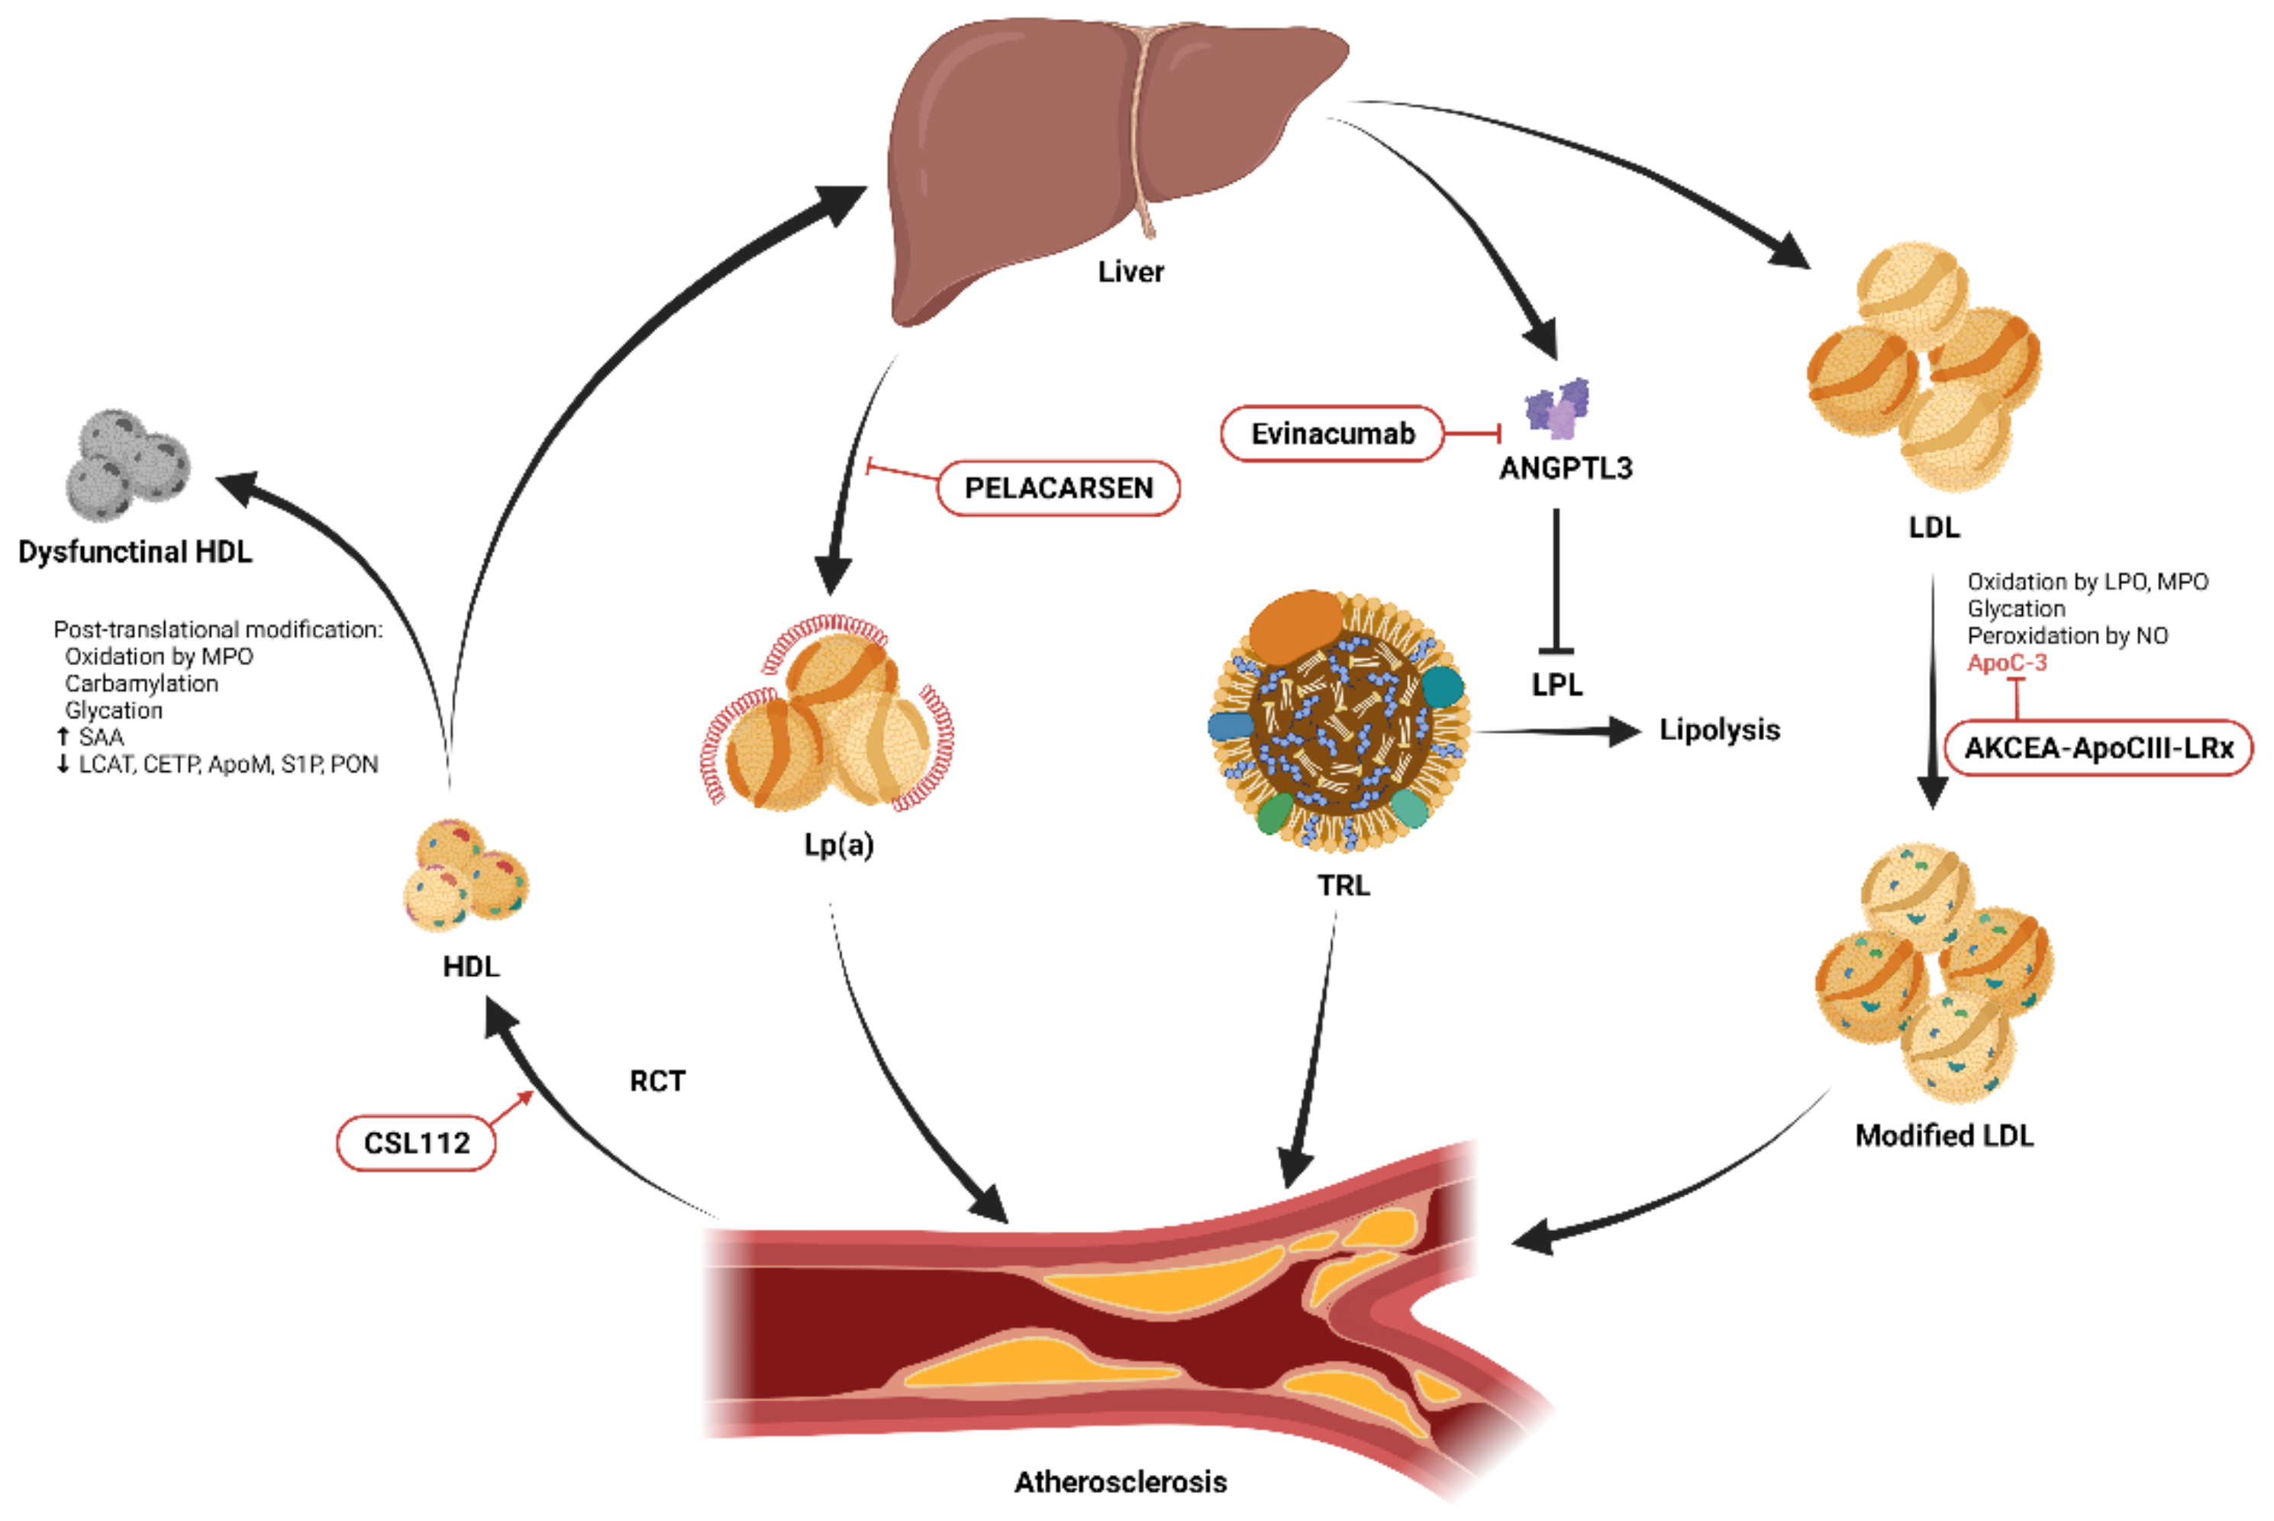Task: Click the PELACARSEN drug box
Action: [x=1057, y=488]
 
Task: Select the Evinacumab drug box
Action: [x=1331, y=434]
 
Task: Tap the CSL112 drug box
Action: [x=416, y=1143]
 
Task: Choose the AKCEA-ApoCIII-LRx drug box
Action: [x=2098, y=748]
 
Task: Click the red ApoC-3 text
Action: [x=2006, y=663]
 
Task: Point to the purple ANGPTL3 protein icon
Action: [x=1557, y=409]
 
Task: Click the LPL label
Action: [x=1556, y=685]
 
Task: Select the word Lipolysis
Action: [x=1718, y=729]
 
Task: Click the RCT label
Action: [x=656, y=1080]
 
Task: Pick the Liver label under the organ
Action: [x=1130, y=272]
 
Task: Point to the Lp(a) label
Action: [x=839, y=845]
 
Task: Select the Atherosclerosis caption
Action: [x=1120, y=1481]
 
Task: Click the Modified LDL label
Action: [x=1943, y=1135]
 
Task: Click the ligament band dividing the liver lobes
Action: [x=1141, y=126]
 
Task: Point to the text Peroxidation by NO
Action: [x=2066, y=635]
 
